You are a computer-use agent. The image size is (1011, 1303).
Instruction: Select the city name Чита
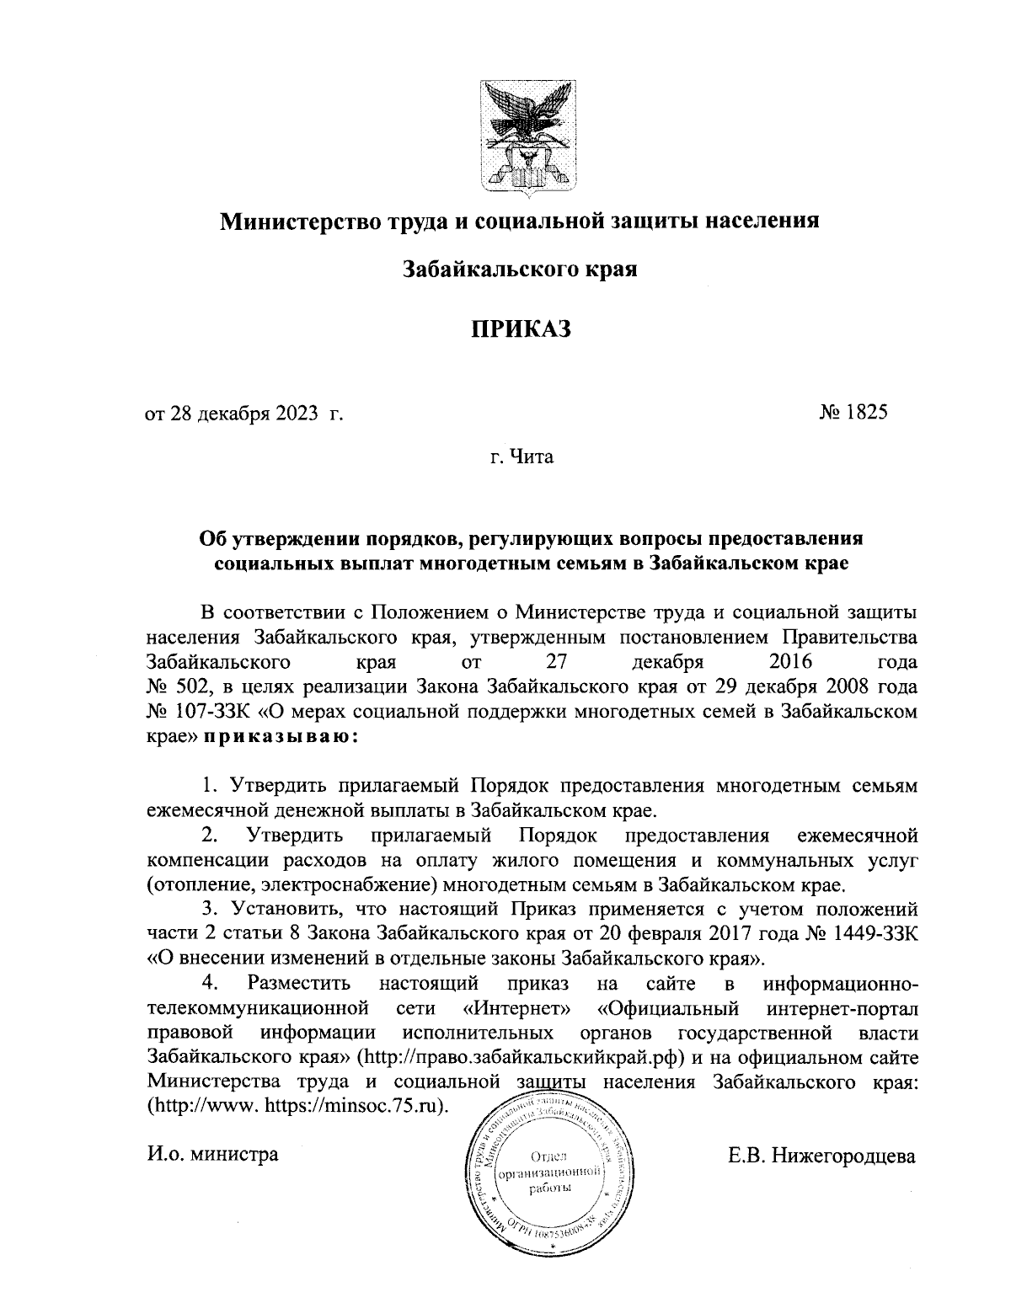(529, 459)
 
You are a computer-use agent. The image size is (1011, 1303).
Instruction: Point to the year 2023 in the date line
(296, 414)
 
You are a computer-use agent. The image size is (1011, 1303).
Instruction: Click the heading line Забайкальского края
(519, 270)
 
